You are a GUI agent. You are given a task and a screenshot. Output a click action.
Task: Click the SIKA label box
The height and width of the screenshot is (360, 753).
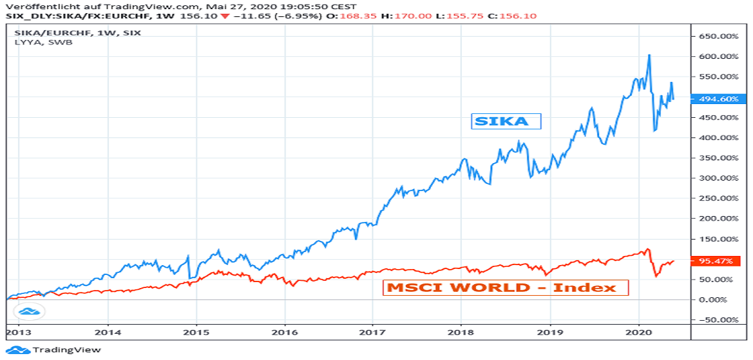click(506, 121)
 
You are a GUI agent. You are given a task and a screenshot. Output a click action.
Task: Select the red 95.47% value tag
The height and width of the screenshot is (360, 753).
click(715, 261)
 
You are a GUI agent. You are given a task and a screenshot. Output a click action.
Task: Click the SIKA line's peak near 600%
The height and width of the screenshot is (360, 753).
click(648, 56)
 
